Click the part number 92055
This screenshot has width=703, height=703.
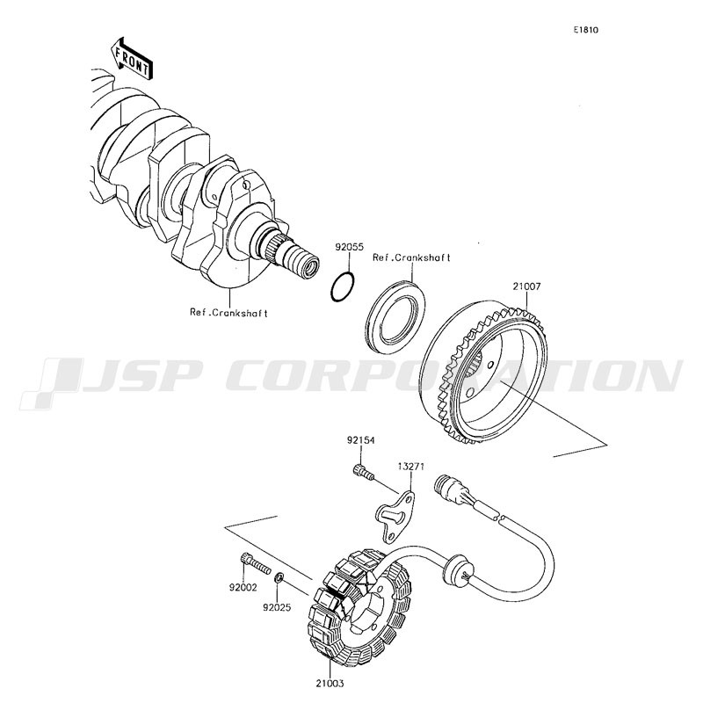pos(348,249)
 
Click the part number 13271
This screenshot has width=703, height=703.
pos(411,466)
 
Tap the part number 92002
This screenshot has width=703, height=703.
pos(243,587)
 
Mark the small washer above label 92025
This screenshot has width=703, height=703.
pos(279,578)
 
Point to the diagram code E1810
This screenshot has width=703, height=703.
pos(586,30)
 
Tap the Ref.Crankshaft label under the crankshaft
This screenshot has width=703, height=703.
pos(228,312)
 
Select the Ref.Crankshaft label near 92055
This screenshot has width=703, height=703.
pos(411,257)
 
